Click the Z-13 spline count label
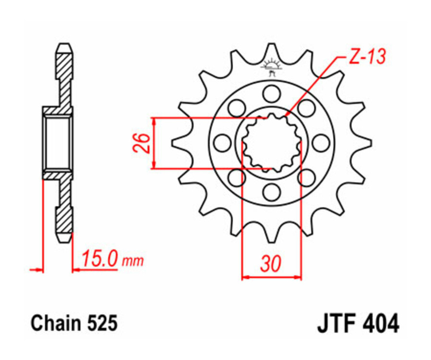coord(366,57)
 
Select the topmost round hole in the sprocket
coord(272,93)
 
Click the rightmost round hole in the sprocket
coord(321,142)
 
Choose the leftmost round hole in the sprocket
coord(222,142)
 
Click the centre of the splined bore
coord(272,142)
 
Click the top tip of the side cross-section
coord(64,47)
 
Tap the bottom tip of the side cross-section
coord(64,238)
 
